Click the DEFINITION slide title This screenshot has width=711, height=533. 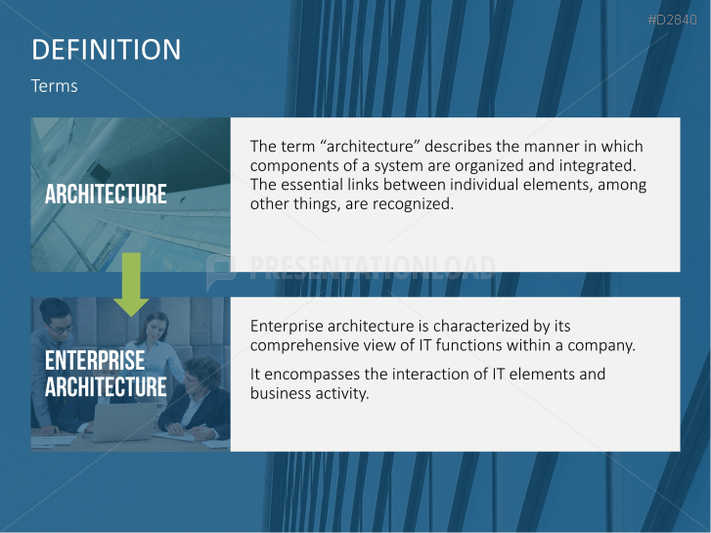tap(106, 50)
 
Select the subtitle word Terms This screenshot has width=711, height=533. tap(54, 86)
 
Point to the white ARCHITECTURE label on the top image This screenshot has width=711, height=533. tap(106, 194)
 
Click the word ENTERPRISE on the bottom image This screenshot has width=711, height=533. tap(94, 361)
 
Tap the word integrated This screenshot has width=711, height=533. tap(600, 165)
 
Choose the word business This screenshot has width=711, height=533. tap(280, 393)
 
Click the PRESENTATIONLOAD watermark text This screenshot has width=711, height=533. tap(373, 267)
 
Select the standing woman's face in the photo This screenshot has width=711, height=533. tap(156, 326)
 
